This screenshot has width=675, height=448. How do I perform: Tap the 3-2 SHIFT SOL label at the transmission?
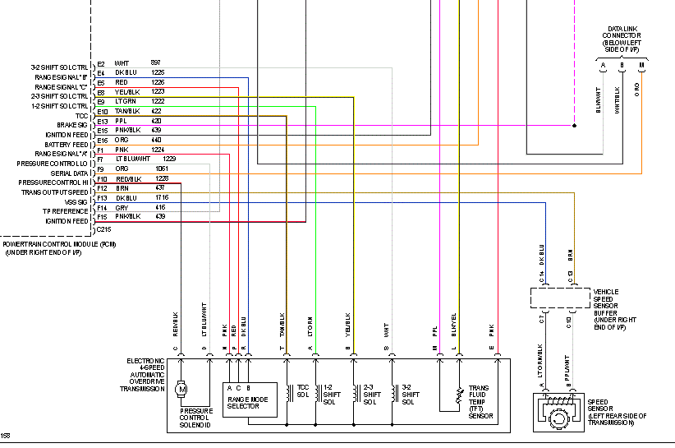pyautogui.click(x=408, y=393)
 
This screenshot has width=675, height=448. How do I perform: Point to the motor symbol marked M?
pyautogui.click(x=182, y=387)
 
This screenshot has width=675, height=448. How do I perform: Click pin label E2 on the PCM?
pyautogui.click(x=101, y=63)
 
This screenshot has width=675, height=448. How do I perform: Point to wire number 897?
pyautogui.click(x=155, y=63)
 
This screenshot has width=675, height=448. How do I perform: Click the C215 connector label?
pyautogui.click(x=104, y=230)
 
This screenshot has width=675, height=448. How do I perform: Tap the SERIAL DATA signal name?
pyautogui.click(x=70, y=173)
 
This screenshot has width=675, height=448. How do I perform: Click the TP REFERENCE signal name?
pyautogui.click(x=67, y=211)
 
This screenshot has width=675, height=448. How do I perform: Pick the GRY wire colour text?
pyautogui.click(x=122, y=207)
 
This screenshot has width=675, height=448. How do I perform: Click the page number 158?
pyautogui.click(x=7, y=436)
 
